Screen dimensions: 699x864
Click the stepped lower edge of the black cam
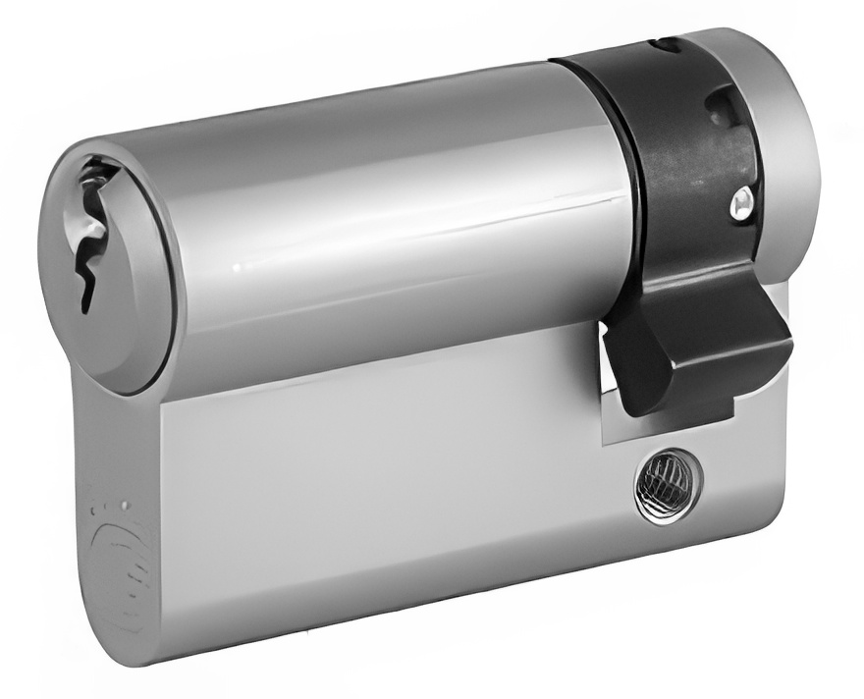(x=687, y=407)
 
